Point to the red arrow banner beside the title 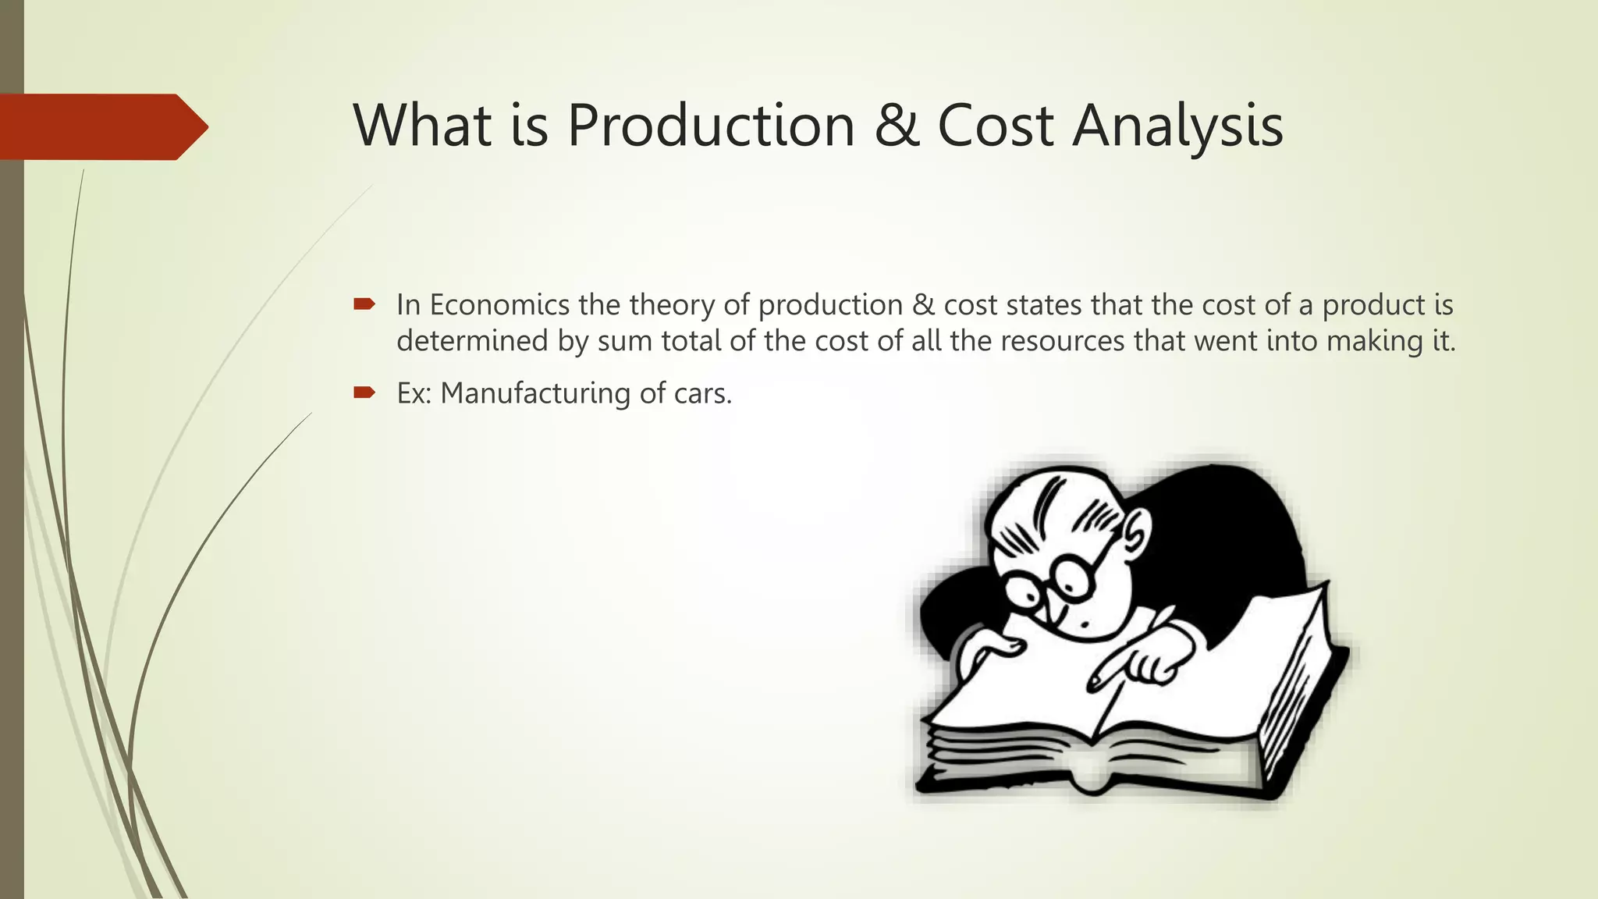point(101,126)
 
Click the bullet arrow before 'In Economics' point(364,304)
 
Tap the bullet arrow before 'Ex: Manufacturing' point(364,393)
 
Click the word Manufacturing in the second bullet point(535,393)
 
